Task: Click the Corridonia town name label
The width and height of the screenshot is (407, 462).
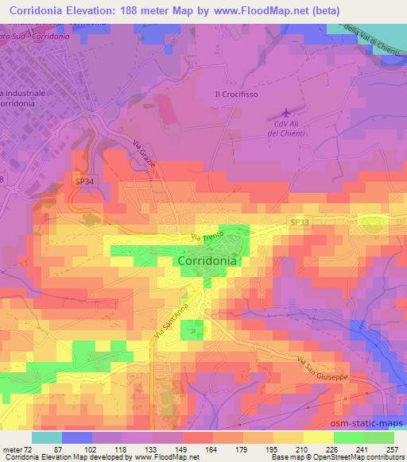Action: pyautogui.click(x=207, y=260)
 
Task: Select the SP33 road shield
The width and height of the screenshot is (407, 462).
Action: pyautogui.click(x=300, y=223)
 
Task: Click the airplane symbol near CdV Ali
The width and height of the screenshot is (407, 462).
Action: pyautogui.click(x=285, y=115)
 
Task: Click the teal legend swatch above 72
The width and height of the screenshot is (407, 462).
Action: pyautogui.click(x=46, y=437)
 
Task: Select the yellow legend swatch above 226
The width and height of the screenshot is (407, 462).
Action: pyautogui.click(x=320, y=437)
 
